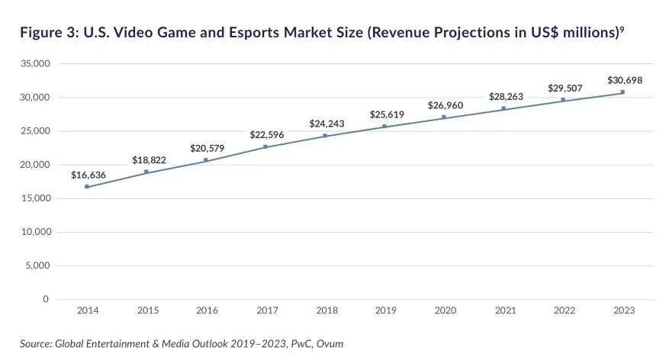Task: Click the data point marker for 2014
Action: click(x=87, y=186)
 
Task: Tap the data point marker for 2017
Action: click(x=265, y=146)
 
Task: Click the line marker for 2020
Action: click(x=444, y=117)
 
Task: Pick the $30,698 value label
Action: click(x=624, y=79)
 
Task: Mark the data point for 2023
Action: click(x=622, y=92)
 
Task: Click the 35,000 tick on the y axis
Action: click(x=36, y=64)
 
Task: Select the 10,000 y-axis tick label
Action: click(x=36, y=232)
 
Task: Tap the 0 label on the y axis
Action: click(x=46, y=299)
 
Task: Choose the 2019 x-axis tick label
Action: click(x=384, y=311)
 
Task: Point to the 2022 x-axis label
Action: click(x=563, y=311)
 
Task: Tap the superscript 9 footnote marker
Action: click(x=622, y=29)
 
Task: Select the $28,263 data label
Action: click(x=504, y=96)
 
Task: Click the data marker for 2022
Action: click(x=563, y=99)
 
